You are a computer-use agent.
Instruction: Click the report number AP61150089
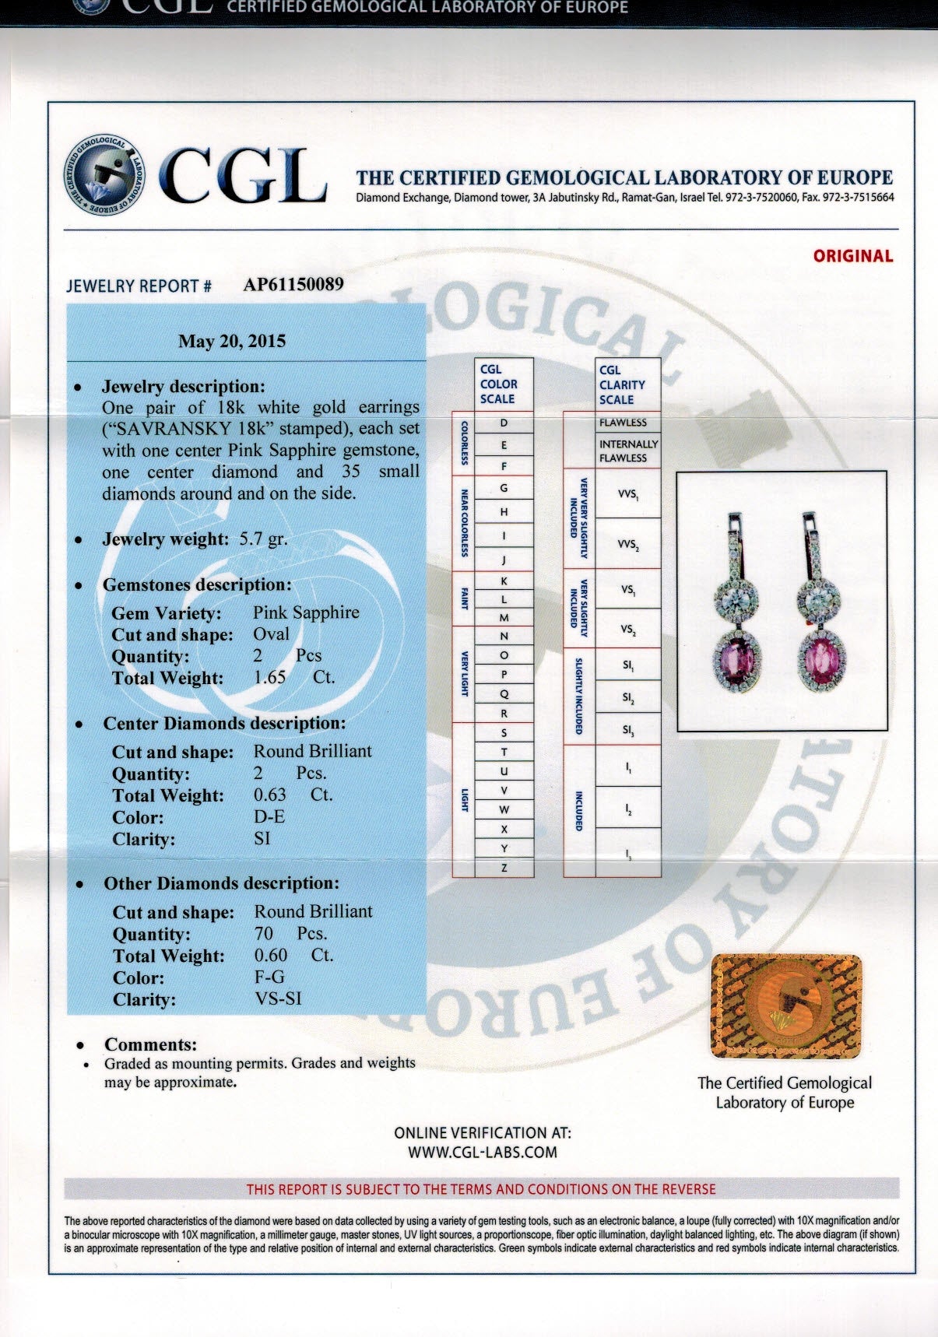pos(293,284)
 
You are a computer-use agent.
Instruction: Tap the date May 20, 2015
pos(232,341)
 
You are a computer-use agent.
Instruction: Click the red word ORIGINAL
pos(853,256)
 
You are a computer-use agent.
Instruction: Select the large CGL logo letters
pos(242,176)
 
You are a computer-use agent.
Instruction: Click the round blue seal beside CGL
pos(104,175)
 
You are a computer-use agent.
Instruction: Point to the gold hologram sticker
pos(786,1006)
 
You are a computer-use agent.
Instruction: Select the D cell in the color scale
pos(504,423)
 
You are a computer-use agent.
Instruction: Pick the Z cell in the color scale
pos(504,868)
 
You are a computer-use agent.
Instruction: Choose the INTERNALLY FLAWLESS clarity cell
pos(628,451)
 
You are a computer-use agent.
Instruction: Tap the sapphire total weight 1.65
pos(270,678)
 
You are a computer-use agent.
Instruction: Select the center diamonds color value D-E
pos(269,816)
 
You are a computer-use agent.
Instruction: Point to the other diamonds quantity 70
pos(264,933)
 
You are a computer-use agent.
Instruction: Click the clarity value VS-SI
pos(278,998)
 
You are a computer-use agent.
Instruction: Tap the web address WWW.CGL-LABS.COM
pos(483,1153)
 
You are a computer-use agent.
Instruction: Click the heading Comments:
pos(151,1044)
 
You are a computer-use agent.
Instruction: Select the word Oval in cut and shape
pos(271,634)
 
